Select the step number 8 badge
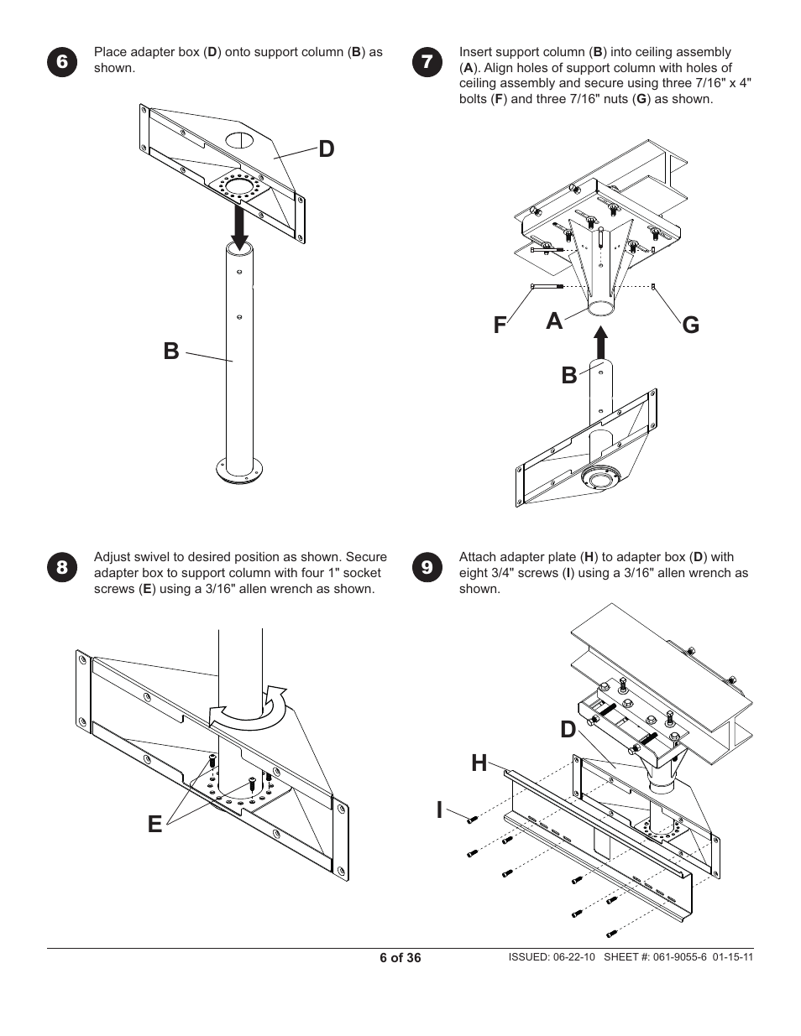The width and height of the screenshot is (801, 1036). pos(62,568)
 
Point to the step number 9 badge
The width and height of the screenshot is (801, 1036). pos(427,568)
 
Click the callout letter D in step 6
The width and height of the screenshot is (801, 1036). pos(326,149)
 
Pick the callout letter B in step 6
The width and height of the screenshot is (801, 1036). pos(171,351)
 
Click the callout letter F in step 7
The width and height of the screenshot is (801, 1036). pos(500,325)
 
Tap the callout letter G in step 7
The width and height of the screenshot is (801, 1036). pos(690,325)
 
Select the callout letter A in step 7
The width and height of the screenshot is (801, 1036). pos(553,320)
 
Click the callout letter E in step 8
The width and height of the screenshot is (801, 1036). pos(154,825)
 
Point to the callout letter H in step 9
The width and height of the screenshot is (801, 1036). pos(479,763)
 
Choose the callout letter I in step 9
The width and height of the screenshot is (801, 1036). pos(439,810)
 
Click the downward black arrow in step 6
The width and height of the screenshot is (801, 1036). pos(240,227)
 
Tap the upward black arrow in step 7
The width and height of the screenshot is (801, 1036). pos(600,343)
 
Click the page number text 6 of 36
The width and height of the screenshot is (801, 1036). pos(400,958)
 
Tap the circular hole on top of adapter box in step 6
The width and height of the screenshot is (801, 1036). pos(238,138)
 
